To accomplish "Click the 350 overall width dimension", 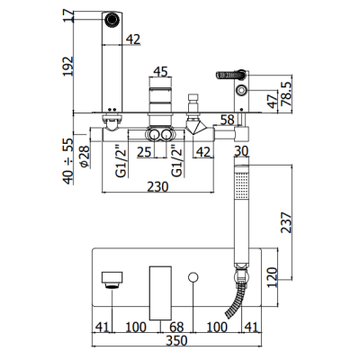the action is tap(176, 341).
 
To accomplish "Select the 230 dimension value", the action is tap(157, 186).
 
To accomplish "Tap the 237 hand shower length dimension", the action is tap(286, 222).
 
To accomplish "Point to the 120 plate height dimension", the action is tap(273, 277).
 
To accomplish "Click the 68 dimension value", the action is tap(176, 327).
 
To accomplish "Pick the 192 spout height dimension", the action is tap(68, 66).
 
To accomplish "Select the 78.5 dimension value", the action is tap(286, 94).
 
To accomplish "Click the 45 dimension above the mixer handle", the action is tap(160, 72).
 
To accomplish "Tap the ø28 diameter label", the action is tap(85, 156).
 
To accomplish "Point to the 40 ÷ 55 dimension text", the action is tap(68, 161).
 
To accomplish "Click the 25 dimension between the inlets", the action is tap(144, 152).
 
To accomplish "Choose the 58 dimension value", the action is tap(227, 120).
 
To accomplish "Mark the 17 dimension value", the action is tap(68, 15).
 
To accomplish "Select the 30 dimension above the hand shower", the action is tap(241, 151).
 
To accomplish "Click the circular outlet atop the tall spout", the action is tap(112, 20).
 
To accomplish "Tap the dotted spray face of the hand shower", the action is tap(241, 184).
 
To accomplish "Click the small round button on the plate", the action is tap(193, 277).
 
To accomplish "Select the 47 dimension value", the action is tap(273, 101).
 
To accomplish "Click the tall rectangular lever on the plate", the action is tap(160, 292).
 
